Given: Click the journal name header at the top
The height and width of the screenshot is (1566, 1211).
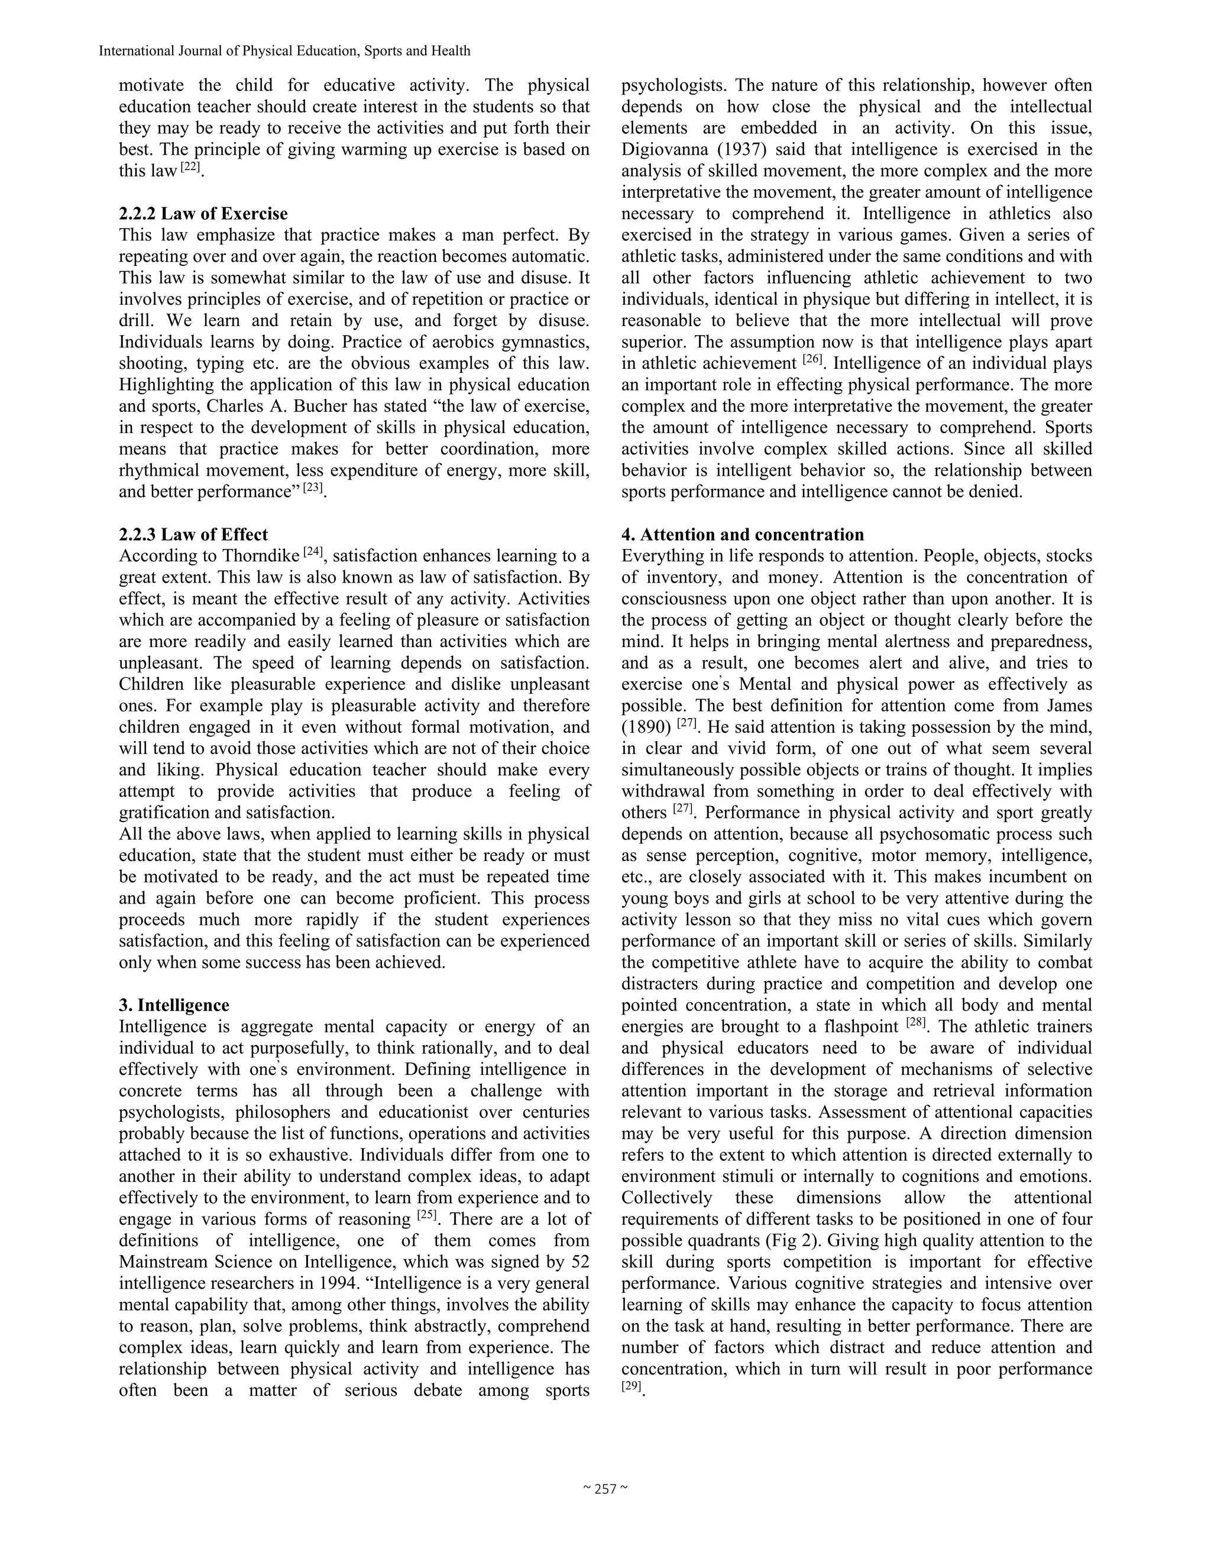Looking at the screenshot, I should click(x=284, y=51).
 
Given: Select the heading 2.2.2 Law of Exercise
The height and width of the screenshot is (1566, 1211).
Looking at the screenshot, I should click(x=203, y=214).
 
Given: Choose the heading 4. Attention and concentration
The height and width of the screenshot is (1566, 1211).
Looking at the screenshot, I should click(x=743, y=534).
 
